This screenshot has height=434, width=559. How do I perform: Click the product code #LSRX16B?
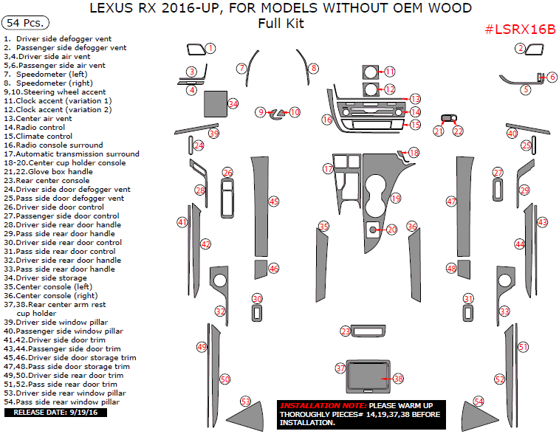520,29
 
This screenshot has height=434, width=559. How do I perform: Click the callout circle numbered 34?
233,104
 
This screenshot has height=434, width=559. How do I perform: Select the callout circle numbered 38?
399,379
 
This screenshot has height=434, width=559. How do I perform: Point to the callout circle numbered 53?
246,401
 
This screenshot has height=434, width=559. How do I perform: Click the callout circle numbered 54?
479,401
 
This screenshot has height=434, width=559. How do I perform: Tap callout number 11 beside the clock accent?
390,72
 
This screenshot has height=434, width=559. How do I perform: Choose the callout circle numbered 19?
396,199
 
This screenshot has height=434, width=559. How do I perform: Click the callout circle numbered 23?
345,331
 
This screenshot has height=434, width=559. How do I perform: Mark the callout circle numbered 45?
274,201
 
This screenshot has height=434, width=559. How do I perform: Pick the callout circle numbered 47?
451,201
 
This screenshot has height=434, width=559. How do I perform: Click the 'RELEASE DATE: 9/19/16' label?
46,412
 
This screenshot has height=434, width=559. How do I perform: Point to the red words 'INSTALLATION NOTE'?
323,406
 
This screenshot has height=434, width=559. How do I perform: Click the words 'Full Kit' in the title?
281,24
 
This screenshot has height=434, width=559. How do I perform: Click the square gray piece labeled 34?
214,104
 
